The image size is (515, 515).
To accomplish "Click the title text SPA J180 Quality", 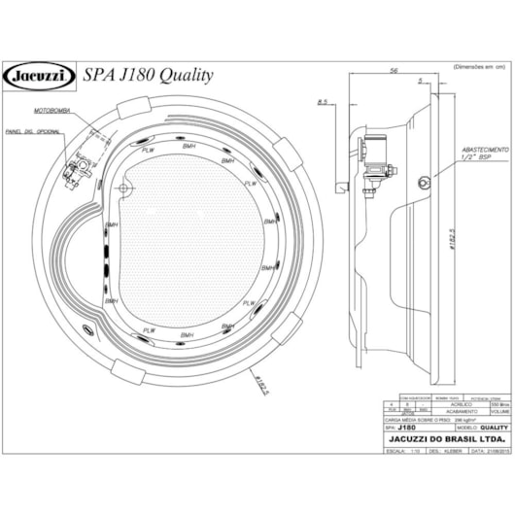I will pyautogui.click(x=149, y=75).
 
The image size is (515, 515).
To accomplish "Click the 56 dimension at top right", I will pyautogui.click(x=395, y=71).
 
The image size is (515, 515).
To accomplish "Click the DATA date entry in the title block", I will pyautogui.click(x=485, y=451).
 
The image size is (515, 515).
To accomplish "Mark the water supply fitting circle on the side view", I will pyautogui.click(x=424, y=180).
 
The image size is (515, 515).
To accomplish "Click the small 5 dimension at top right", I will pyautogui.click(x=419, y=80).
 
